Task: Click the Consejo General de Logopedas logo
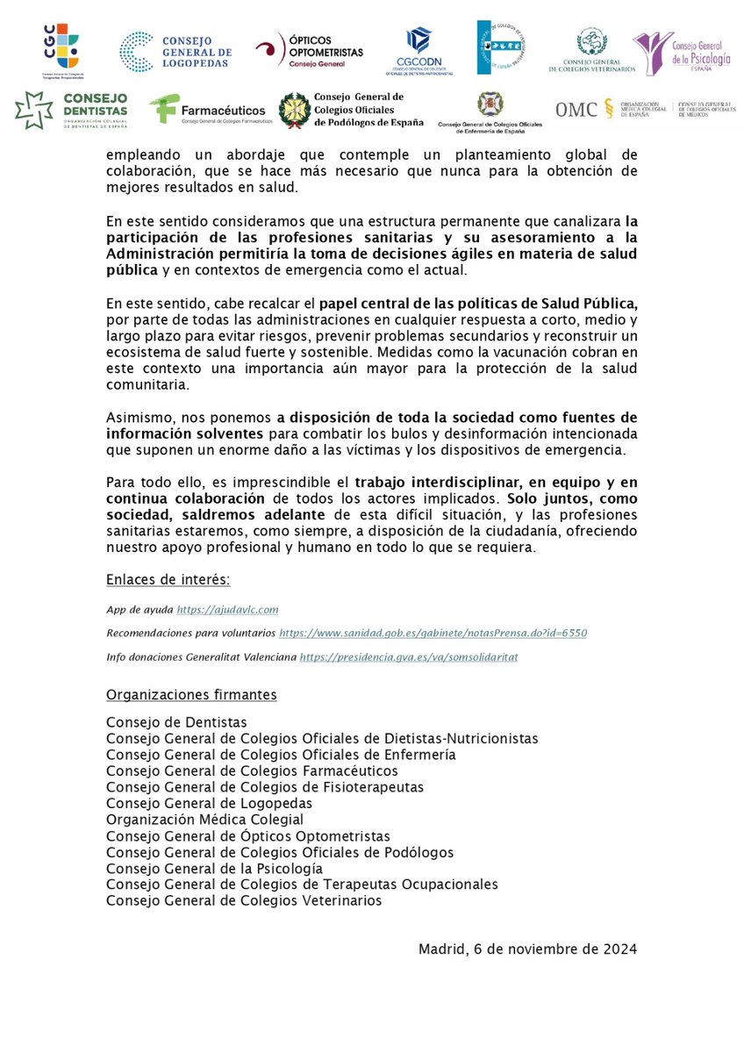coord(175,51)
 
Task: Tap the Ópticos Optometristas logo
coord(309,51)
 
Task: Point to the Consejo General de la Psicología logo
coord(683,51)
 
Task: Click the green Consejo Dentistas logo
coord(71,110)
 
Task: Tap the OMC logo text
coord(577,110)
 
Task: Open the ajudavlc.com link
coord(227,609)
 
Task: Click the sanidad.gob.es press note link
coord(433,633)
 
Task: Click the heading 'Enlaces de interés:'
coord(168,580)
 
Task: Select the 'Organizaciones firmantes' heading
coord(191,695)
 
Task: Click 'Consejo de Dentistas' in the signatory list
coord(176,722)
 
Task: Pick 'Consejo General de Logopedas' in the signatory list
coord(209,803)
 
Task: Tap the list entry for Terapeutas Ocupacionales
coord(302,884)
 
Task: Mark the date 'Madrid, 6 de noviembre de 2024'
coord(527,949)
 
